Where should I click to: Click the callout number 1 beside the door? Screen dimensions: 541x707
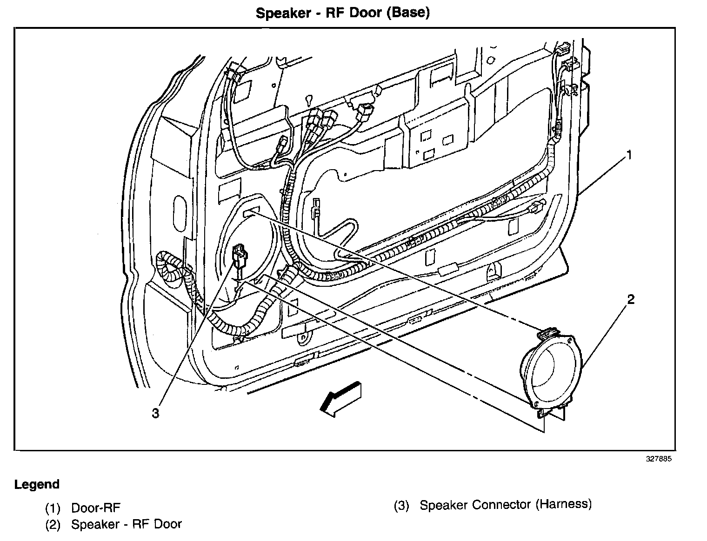tap(629, 155)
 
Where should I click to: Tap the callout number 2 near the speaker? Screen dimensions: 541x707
tap(630, 299)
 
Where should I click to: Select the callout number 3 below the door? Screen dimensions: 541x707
tap(155, 413)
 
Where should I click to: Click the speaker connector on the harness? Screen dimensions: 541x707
tap(240, 256)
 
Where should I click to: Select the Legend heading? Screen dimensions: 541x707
tap(37, 484)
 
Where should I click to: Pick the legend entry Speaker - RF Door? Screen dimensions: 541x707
tap(126, 524)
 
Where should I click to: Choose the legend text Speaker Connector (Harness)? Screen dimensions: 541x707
tap(505, 504)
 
